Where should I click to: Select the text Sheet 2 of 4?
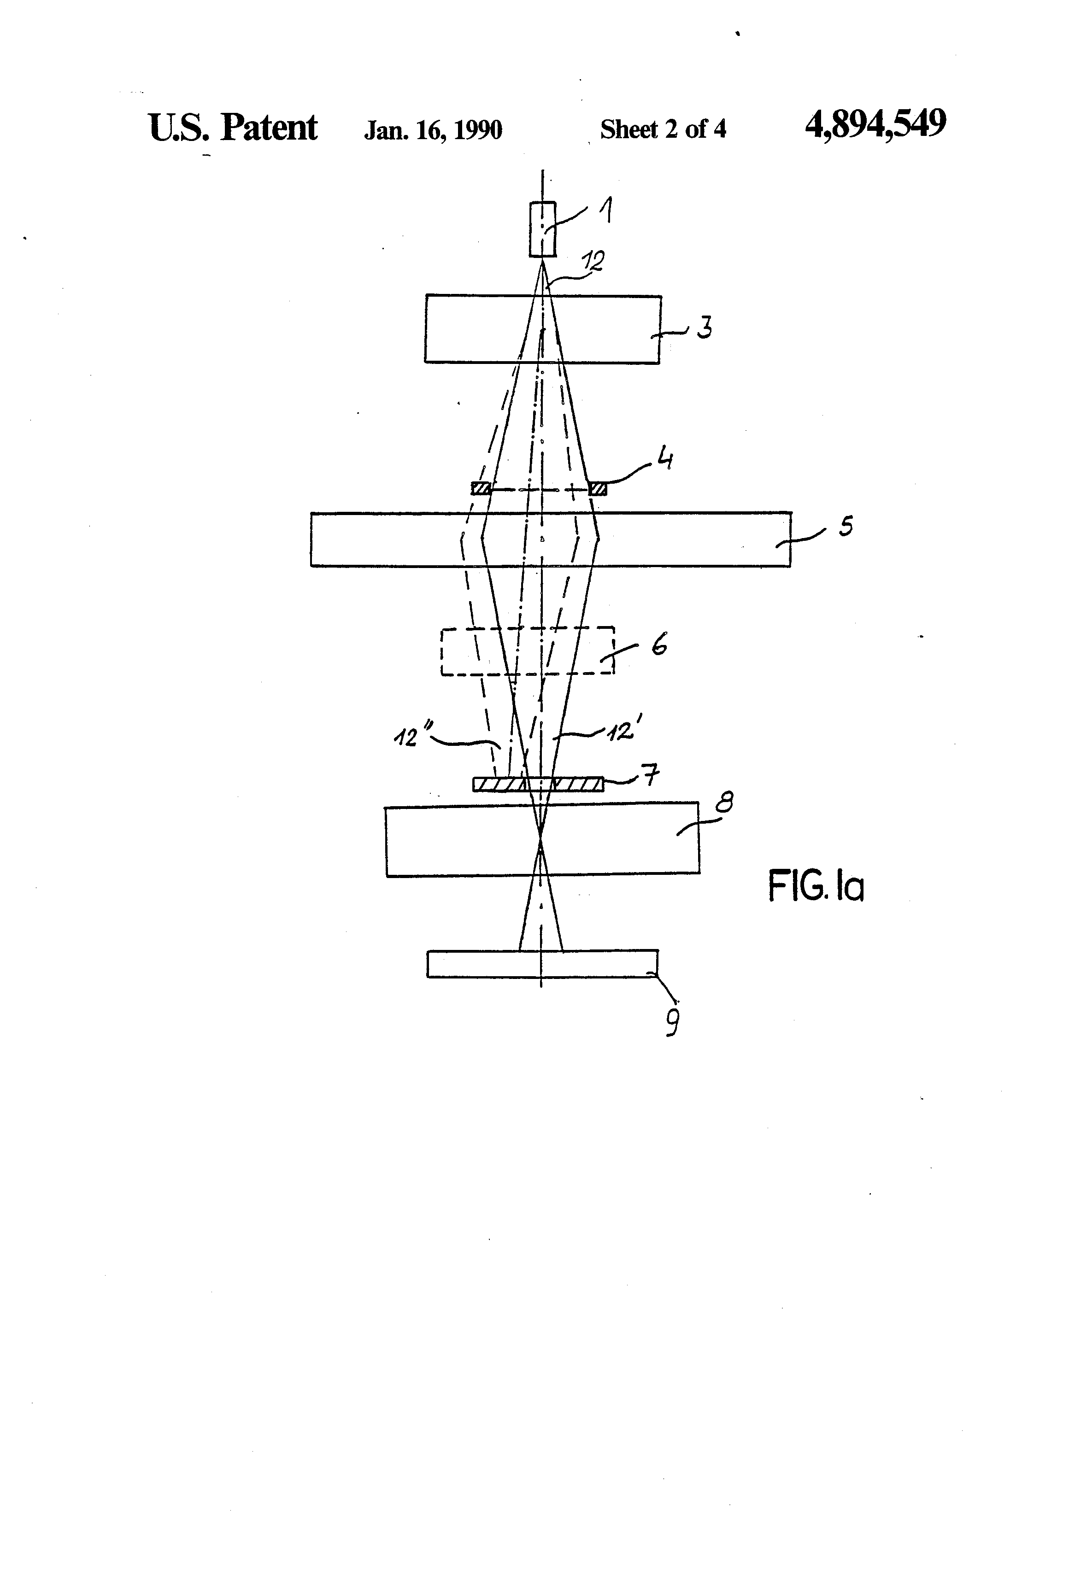663,129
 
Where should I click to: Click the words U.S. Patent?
232,128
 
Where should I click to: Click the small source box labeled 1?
543,229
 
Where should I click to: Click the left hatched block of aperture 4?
481,488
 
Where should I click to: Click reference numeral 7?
651,775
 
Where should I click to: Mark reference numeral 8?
724,804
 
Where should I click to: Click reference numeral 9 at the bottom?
672,1022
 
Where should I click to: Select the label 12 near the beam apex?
593,261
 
